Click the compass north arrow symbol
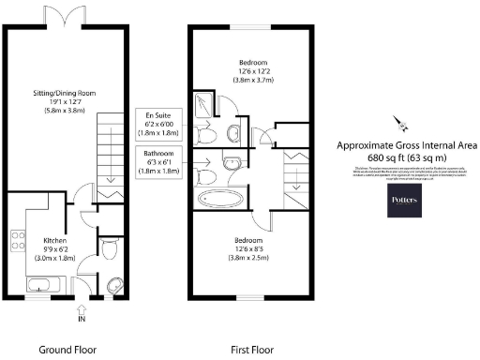pyautogui.click(x=400, y=122)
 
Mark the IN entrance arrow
pyautogui.click(x=81, y=310)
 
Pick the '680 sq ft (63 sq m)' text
pyautogui.click(x=407, y=157)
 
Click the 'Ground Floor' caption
pyautogui.click(x=67, y=349)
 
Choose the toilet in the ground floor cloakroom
pyautogui.click(x=109, y=249)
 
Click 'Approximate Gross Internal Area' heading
pyautogui.click(x=407, y=145)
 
